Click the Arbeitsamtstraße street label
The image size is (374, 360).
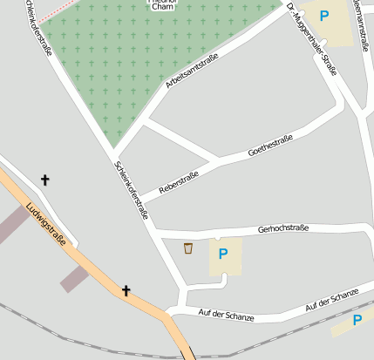(191, 71)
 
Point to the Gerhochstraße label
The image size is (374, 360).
(285, 230)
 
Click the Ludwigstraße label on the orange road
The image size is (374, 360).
(47, 225)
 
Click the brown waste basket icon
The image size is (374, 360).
(187, 249)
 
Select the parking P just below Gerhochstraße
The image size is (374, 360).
(222, 254)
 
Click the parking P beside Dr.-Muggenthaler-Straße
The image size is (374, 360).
(324, 15)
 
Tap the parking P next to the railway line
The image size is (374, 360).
(357, 321)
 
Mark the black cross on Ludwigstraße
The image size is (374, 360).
(126, 290)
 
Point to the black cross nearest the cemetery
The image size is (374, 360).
(45, 180)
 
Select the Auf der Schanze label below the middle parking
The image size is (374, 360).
(226, 315)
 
